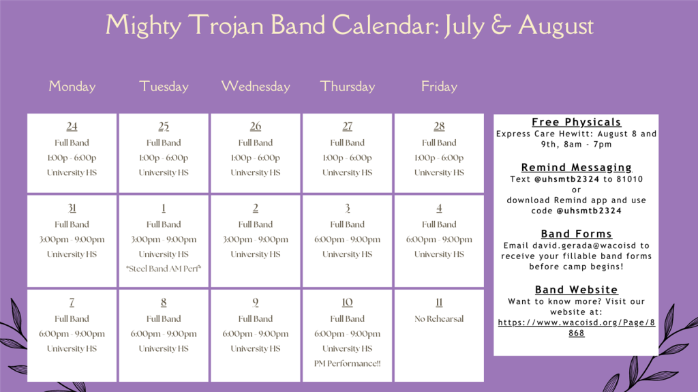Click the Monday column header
point(72,87)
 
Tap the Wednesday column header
point(256,87)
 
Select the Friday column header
point(439,87)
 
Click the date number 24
point(72,126)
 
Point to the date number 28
point(439,126)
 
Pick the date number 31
point(72,208)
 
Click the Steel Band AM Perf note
point(164,269)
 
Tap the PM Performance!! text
point(348,363)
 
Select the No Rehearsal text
point(439,318)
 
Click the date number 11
point(439,303)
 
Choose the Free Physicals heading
point(576,122)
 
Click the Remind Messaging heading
point(576,168)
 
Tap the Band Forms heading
point(576,234)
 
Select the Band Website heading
point(576,290)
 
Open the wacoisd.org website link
point(576,322)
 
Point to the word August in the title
point(556,26)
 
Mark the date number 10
point(348,303)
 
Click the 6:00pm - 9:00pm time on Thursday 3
point(348,239)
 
